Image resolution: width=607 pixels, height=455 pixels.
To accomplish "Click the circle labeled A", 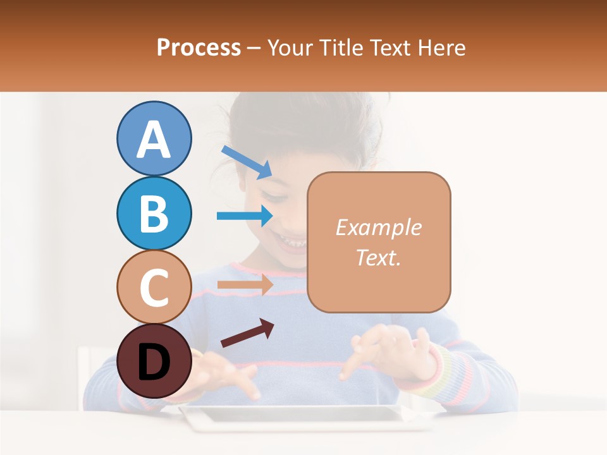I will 154,138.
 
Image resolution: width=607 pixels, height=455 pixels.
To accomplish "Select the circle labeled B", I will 154,213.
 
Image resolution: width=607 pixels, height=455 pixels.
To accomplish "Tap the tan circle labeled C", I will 154,287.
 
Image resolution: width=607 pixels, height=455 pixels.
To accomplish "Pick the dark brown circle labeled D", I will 154,361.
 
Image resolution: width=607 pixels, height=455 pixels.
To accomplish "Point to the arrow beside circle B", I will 245,215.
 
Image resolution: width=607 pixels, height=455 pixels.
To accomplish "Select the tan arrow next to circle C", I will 245,284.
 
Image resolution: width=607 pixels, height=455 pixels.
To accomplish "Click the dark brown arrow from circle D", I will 247,333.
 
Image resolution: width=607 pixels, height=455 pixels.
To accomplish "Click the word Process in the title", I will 199,47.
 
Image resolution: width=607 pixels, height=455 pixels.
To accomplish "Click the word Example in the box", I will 378,227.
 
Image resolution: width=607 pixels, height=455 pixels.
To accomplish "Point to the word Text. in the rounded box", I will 378,257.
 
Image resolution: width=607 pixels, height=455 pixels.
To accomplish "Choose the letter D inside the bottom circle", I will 154,362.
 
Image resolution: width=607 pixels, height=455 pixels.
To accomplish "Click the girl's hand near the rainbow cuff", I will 386,351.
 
